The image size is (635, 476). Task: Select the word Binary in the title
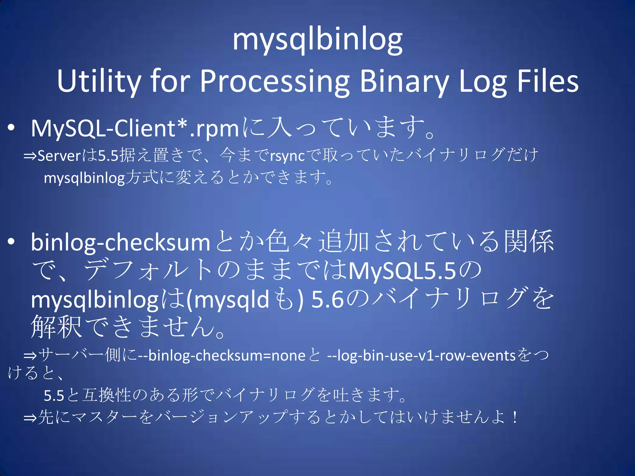404,81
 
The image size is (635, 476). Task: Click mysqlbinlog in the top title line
317,40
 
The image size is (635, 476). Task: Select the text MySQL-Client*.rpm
135,128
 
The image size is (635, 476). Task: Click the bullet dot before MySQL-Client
11,128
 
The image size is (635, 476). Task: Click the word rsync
287,156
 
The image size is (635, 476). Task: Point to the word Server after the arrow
59,156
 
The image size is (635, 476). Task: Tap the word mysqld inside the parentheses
232,300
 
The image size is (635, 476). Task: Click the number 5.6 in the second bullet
328,300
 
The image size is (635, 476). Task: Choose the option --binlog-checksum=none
222,355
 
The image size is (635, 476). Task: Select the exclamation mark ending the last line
515,417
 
